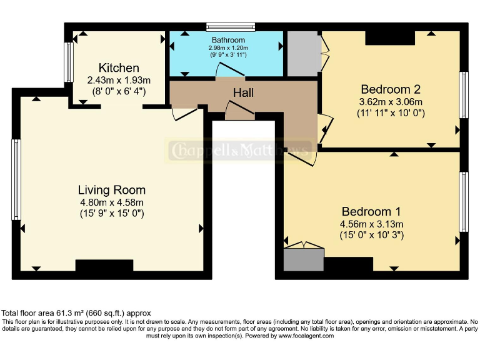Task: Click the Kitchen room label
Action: pos(119,67)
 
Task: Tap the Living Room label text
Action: pos(112,190)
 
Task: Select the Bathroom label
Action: pos(228,40)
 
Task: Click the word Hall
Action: pos(243,92)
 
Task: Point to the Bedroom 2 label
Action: pos(391,89)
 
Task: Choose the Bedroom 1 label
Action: pos(371,211)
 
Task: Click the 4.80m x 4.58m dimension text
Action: pos(112,202)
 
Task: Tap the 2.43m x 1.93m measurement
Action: pos(119,80)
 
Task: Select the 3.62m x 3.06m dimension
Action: pos(391,102)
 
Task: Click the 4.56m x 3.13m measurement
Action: pos(371,224)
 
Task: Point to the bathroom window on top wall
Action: pos(231,27)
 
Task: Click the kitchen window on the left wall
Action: pos(68,62)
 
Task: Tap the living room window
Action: pos(16,180)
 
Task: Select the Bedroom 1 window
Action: pos(464,202)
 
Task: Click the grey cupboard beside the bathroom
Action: pos(302,54)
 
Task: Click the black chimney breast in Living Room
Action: pos(104,266)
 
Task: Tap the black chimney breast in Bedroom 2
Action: pos(390,38)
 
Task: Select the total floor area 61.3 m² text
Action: pos(76,313)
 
